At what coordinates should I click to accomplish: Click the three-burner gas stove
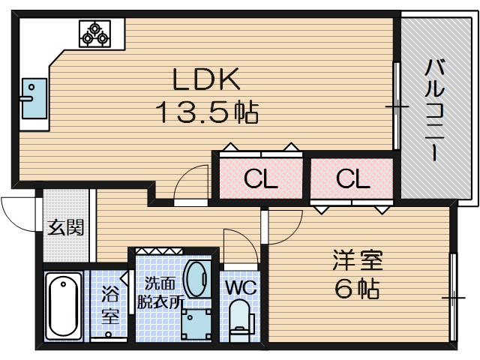pyautogui.click(x=95, y=34)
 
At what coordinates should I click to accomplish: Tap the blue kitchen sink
pyautogui.click(x=34, y=98)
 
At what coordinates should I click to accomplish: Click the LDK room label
pyautogui.click(x=206, y=79)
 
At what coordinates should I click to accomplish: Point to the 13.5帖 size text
pyautogui.click(x=208, y=112)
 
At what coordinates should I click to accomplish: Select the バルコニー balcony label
pyautogui.click(x=434, y=110)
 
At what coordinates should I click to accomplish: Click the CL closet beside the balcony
pyautogui.click(x=352, y=178)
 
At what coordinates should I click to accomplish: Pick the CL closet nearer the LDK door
pyautogui.click(x=261, y=178)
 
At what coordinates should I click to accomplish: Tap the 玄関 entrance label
pyautogui.click(x=65, y=227)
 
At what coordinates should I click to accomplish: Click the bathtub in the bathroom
pyautogui.click(x=63, y=305)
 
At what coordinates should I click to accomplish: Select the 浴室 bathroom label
pyautogui.click(x=110, y=304)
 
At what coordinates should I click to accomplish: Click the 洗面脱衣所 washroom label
pyautogui.click(x=160, y=292)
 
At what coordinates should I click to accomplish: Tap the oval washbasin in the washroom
pyautogui.click(x=198, y=278)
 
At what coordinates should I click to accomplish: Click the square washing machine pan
pyautogui.click(x=196, y=324)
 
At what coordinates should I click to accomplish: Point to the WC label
pyautogui.click(x=241, y=287)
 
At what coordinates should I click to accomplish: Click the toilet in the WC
pyautogui.click(x=241, y=321)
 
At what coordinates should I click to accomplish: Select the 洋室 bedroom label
pyautogui.click(x=358, y=260)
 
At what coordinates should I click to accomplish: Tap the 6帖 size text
pyautogui.click(x=357, y=288)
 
